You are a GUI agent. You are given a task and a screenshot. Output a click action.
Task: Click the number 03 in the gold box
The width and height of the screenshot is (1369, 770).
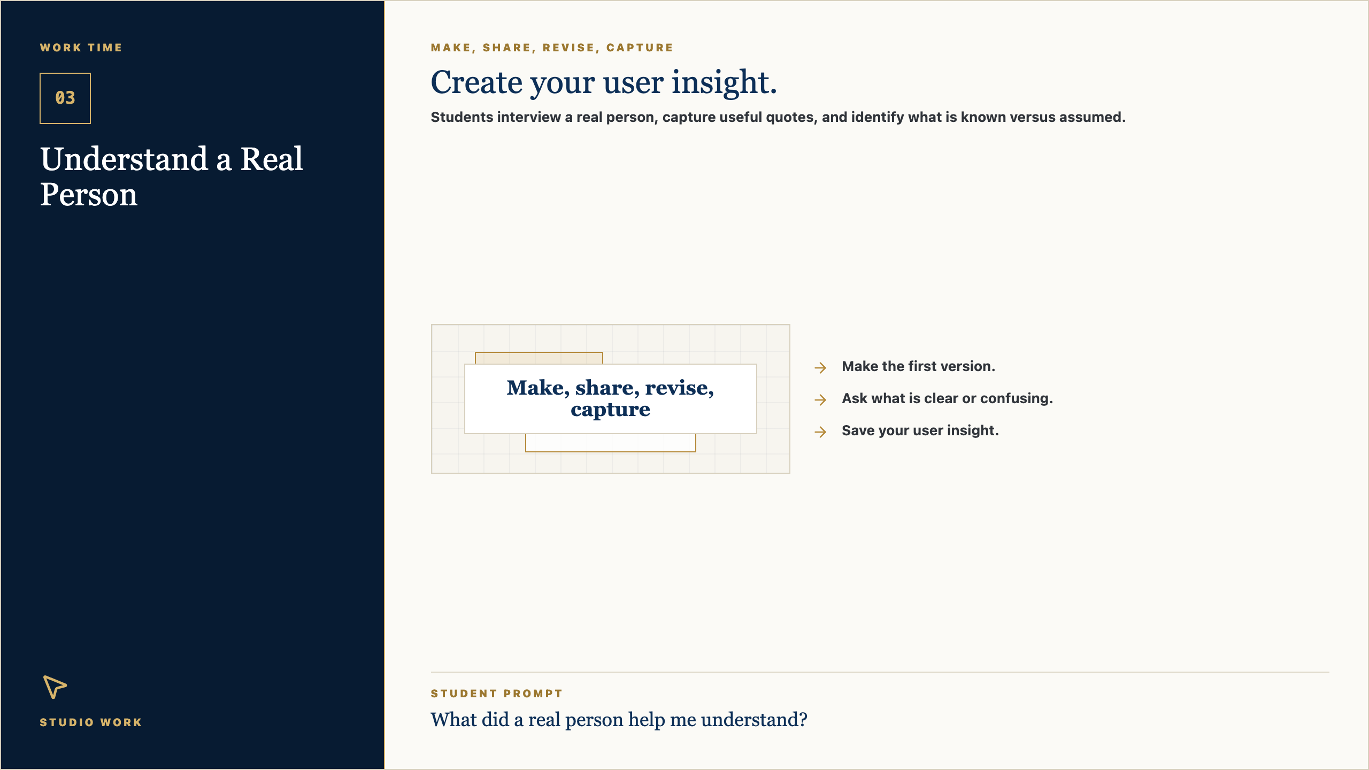(x=65, y=98)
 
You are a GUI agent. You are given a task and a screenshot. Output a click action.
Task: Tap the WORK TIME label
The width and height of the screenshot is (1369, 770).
(x=81, y=48)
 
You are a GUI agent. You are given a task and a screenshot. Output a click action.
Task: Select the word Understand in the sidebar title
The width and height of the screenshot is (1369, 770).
(x=124, y=159)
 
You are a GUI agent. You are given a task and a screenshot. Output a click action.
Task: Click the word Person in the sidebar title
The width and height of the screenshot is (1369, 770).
(x=89, y=194)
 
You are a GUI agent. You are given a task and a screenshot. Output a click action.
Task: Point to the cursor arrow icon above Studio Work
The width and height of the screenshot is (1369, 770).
(x=54, y=687)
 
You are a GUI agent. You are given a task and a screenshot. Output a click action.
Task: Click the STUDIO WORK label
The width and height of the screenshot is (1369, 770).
(x=91, y=722)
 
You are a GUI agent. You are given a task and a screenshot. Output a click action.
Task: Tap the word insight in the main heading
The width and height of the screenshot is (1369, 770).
(x=724, y=83)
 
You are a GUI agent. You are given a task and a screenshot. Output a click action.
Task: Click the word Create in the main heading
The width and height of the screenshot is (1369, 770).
(x=476, y=83)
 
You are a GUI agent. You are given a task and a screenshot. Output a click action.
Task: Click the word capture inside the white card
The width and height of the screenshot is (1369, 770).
(x=610, y=410)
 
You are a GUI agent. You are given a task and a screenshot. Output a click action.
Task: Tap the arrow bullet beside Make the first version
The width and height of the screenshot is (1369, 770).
(x=820, y=367)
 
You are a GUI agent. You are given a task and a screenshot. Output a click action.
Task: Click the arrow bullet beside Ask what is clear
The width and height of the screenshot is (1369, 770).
(x=820, y=399)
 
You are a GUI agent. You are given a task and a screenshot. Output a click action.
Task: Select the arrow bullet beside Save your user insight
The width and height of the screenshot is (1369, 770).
(x=820, y=432)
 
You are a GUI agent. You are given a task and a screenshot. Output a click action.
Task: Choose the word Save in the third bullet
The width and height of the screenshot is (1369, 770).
(x=858, y=430)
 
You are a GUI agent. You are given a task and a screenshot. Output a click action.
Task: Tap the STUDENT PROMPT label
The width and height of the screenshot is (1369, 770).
(x=497, y=694)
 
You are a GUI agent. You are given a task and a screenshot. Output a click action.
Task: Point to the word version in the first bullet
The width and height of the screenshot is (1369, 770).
(x=968, y=366)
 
